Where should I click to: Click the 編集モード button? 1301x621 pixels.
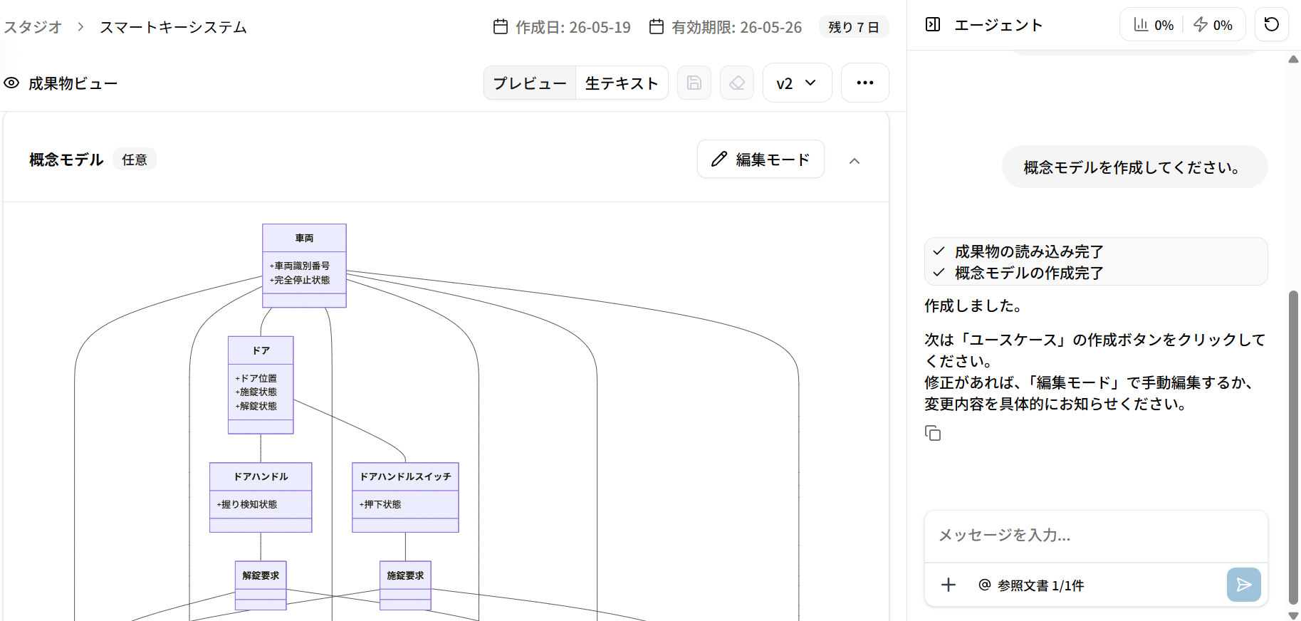tap(761, 159)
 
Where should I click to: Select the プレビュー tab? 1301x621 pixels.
tap(530, 83)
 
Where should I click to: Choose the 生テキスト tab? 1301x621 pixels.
tap(622, 83)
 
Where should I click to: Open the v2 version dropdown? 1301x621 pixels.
tap(797, 83)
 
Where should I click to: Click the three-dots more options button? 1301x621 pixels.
tap(865, 83)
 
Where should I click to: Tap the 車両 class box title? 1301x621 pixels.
tap(304, 238)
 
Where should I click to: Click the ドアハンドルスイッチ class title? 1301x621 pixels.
tap(405, 476)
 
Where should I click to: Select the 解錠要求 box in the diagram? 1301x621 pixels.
tap(261, 585)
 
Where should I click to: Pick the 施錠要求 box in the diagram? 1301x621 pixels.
tap(405, 585)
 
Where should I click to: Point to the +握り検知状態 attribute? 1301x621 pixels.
tap(247, 504)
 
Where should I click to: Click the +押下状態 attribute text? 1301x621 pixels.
tap(380, 504)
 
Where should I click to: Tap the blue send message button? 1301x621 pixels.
tap(1244, 585)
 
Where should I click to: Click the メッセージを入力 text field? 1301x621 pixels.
tap(1095, 536)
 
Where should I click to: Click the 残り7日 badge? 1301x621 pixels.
tap(854, 27)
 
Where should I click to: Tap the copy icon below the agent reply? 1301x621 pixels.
tap(933, 433)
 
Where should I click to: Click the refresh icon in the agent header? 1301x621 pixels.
tap(1271, 25)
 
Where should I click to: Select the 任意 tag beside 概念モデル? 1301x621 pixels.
tap(135, 160)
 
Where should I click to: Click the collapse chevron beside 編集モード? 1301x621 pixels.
tap(855, 160)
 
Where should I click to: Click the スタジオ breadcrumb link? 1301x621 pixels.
tap(33, 27)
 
